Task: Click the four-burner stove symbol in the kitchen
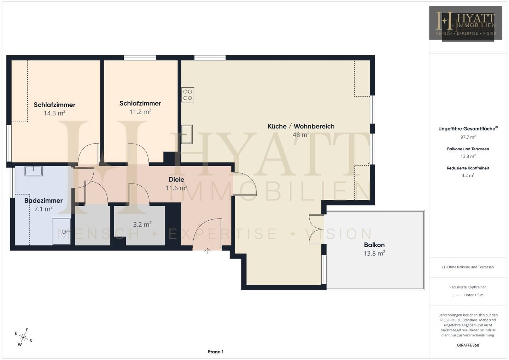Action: pyautogui.click(x=188, y=95)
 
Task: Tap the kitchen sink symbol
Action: pyautogui.click(x=187, y=134)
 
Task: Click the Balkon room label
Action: pyautogui.click(x=374, y=245)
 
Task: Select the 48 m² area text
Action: pyautogui.click(x=301, y=135)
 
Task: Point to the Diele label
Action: pyautogui.click(x=176, y=180)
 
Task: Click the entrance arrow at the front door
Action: pyautogui.click(x=207, y=251)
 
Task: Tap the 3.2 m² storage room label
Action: pyautogui.click(x=142, y=225)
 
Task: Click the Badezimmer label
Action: pyautogui.click(x=43, y=201)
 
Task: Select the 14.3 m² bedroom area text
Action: pyautogui.click(x=54, y=113)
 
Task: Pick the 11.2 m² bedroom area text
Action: pyautogui.click(x=140, y=112)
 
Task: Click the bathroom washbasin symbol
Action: pyautogui.click(x=34, y=171)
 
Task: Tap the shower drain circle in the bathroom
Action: pyautogui.click(x=64, y=232)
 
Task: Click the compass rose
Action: pyautogui.click(x=23, y=337)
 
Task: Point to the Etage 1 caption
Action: pyautogui.click(x=216, y=352)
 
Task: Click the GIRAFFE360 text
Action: pyautogui.click(x=468, y=345)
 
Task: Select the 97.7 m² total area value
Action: pyautogui.click(x=468, y=137)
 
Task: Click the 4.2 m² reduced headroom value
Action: pyautogui.click(x=468, y=175)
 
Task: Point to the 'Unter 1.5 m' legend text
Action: pyautogui.click(x=474, y=295)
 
